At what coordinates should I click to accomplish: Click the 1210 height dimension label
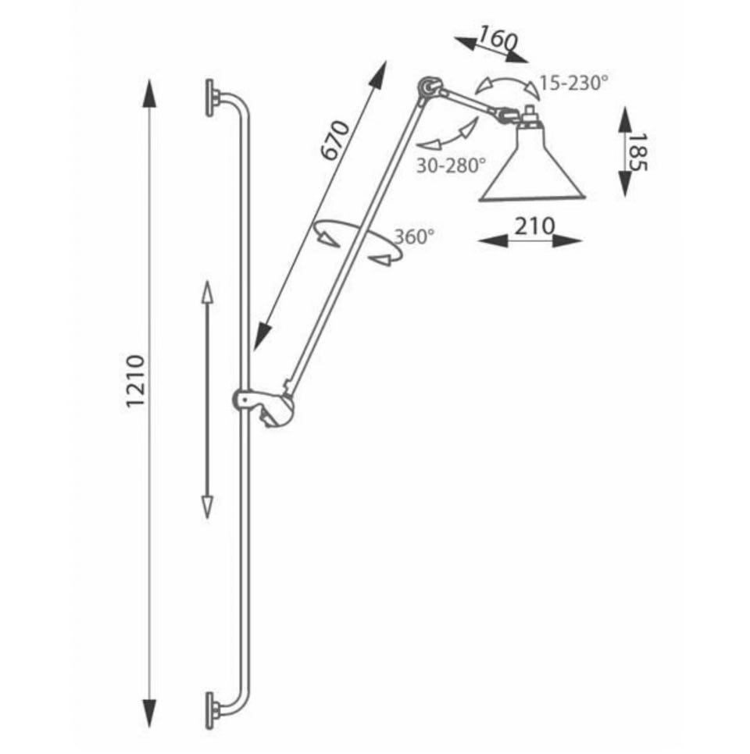click(x=135, y=382)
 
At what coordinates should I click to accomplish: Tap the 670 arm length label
click(x=335, y=140)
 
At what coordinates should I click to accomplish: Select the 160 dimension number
click(x=498, y=38)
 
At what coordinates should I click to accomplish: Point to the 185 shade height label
click(x=638, y=152)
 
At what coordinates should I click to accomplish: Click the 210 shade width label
click(x=535, y=226)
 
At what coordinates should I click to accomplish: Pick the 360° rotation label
click(x=415, y=237)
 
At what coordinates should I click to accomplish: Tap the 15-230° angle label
click(x=573, y=84)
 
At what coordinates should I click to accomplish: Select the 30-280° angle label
click(x=451, y=166)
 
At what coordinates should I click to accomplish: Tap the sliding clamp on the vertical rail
click(x=263, y=407)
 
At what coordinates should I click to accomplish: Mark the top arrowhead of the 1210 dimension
click(x=150, y=94)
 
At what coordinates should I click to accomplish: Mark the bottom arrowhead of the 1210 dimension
click(x=150, y=713)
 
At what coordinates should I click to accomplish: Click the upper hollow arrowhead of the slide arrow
click(x=207, y=293)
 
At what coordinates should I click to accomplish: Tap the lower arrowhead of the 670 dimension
click(x=262, y=336)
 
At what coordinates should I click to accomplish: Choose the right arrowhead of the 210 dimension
click(x=567, y=240)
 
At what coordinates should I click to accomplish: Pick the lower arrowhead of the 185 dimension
click(x=625, y=183)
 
